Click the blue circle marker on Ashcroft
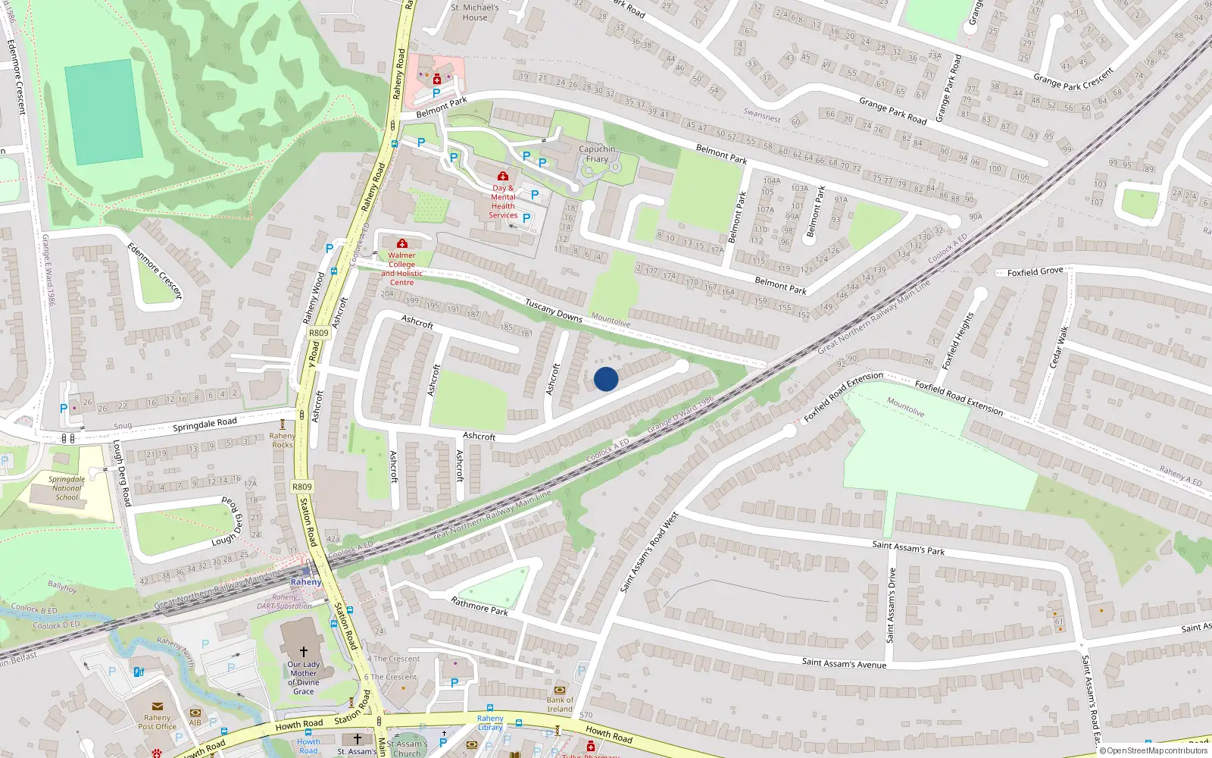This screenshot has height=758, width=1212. point(606,379)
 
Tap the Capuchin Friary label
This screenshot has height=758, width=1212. point(597,154)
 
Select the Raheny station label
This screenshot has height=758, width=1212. point(306,582)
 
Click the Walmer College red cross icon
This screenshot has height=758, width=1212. point(402,243)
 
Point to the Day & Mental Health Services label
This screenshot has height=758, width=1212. point(503,202)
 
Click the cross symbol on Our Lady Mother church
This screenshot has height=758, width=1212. point(304,651)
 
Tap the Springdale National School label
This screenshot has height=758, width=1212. point(67,488)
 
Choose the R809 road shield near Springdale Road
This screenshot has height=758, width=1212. point(301,487)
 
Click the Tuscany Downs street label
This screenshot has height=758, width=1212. point(554,310)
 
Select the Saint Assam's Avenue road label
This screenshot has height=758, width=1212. point(844,663)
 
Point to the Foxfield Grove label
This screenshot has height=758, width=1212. point(1035,271)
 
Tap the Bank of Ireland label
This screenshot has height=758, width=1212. point(560,704)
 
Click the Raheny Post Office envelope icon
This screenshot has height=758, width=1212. point(158,706)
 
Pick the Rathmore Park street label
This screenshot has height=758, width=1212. point(479,606)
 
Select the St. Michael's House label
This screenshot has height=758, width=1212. point(475,12)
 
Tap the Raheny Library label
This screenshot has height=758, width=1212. point(490,722)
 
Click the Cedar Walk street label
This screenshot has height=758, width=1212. point(1059,348)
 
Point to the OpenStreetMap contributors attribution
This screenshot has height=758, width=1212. point(1153,750)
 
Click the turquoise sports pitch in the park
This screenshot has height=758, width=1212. point(104,111)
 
